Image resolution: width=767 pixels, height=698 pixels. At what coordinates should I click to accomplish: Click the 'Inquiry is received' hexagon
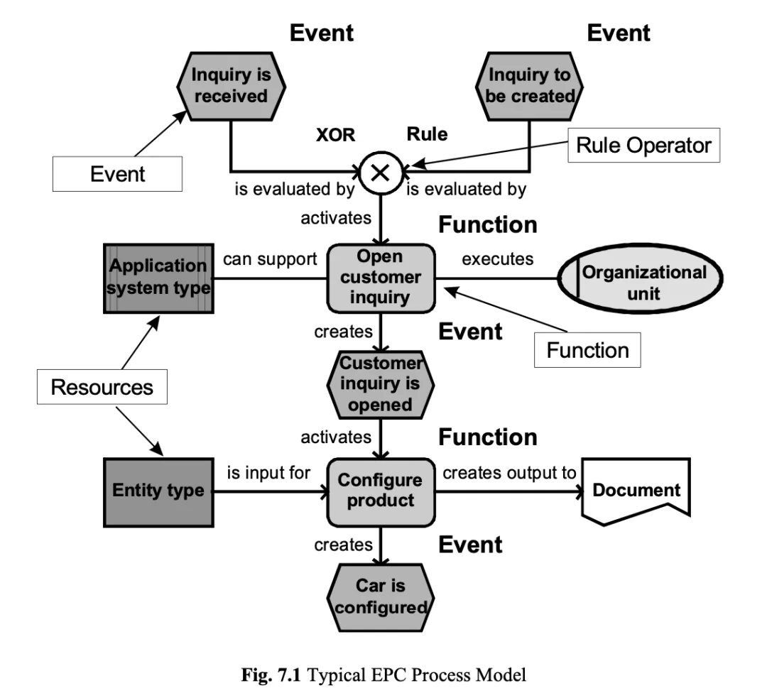click(x=230, y=86)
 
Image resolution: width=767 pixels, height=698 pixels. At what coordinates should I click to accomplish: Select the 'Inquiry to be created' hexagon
click(x=531, y=86)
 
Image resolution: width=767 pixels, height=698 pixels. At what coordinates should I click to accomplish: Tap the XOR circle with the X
click(x=381, y=172)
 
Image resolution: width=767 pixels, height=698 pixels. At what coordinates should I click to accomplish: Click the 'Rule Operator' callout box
click(x=643, y=146)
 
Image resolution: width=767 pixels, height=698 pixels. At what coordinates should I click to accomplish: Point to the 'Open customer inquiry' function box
click(x=381, y=276)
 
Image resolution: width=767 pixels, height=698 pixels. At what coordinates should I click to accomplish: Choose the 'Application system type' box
click(x=157, y=277)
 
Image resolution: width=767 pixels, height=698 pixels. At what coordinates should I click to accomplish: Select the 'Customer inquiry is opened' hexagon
click(x=381, y=385)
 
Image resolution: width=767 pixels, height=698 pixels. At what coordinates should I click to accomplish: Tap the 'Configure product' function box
click(x=381, y=490)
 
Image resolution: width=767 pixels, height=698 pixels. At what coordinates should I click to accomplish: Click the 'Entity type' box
click(x=158, y=490)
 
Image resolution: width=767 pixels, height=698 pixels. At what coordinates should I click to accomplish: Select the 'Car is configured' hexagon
click(x=381, y=597)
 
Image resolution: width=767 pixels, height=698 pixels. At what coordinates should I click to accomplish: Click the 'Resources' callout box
click(x=102, y=387)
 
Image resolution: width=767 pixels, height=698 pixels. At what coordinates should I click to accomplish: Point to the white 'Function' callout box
click(x=588, y=350)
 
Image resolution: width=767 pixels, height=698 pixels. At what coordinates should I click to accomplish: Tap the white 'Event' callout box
click(x=119, y=174)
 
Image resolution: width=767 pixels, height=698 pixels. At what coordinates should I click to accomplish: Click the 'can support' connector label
click(x=269, y=258)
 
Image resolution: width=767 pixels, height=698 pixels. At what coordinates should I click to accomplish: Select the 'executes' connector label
click(x=497, y=258)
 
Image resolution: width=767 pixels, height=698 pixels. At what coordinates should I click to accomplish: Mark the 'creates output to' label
click(x=509, y=472)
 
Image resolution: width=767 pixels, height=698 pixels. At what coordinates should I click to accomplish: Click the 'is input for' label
click(x=268, y=472)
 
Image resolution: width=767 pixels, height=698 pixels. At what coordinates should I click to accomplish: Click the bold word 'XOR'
click(x=334, y=135)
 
